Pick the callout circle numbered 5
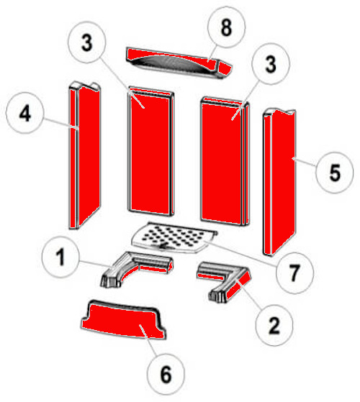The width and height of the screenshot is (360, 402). [x=333, y=175]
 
